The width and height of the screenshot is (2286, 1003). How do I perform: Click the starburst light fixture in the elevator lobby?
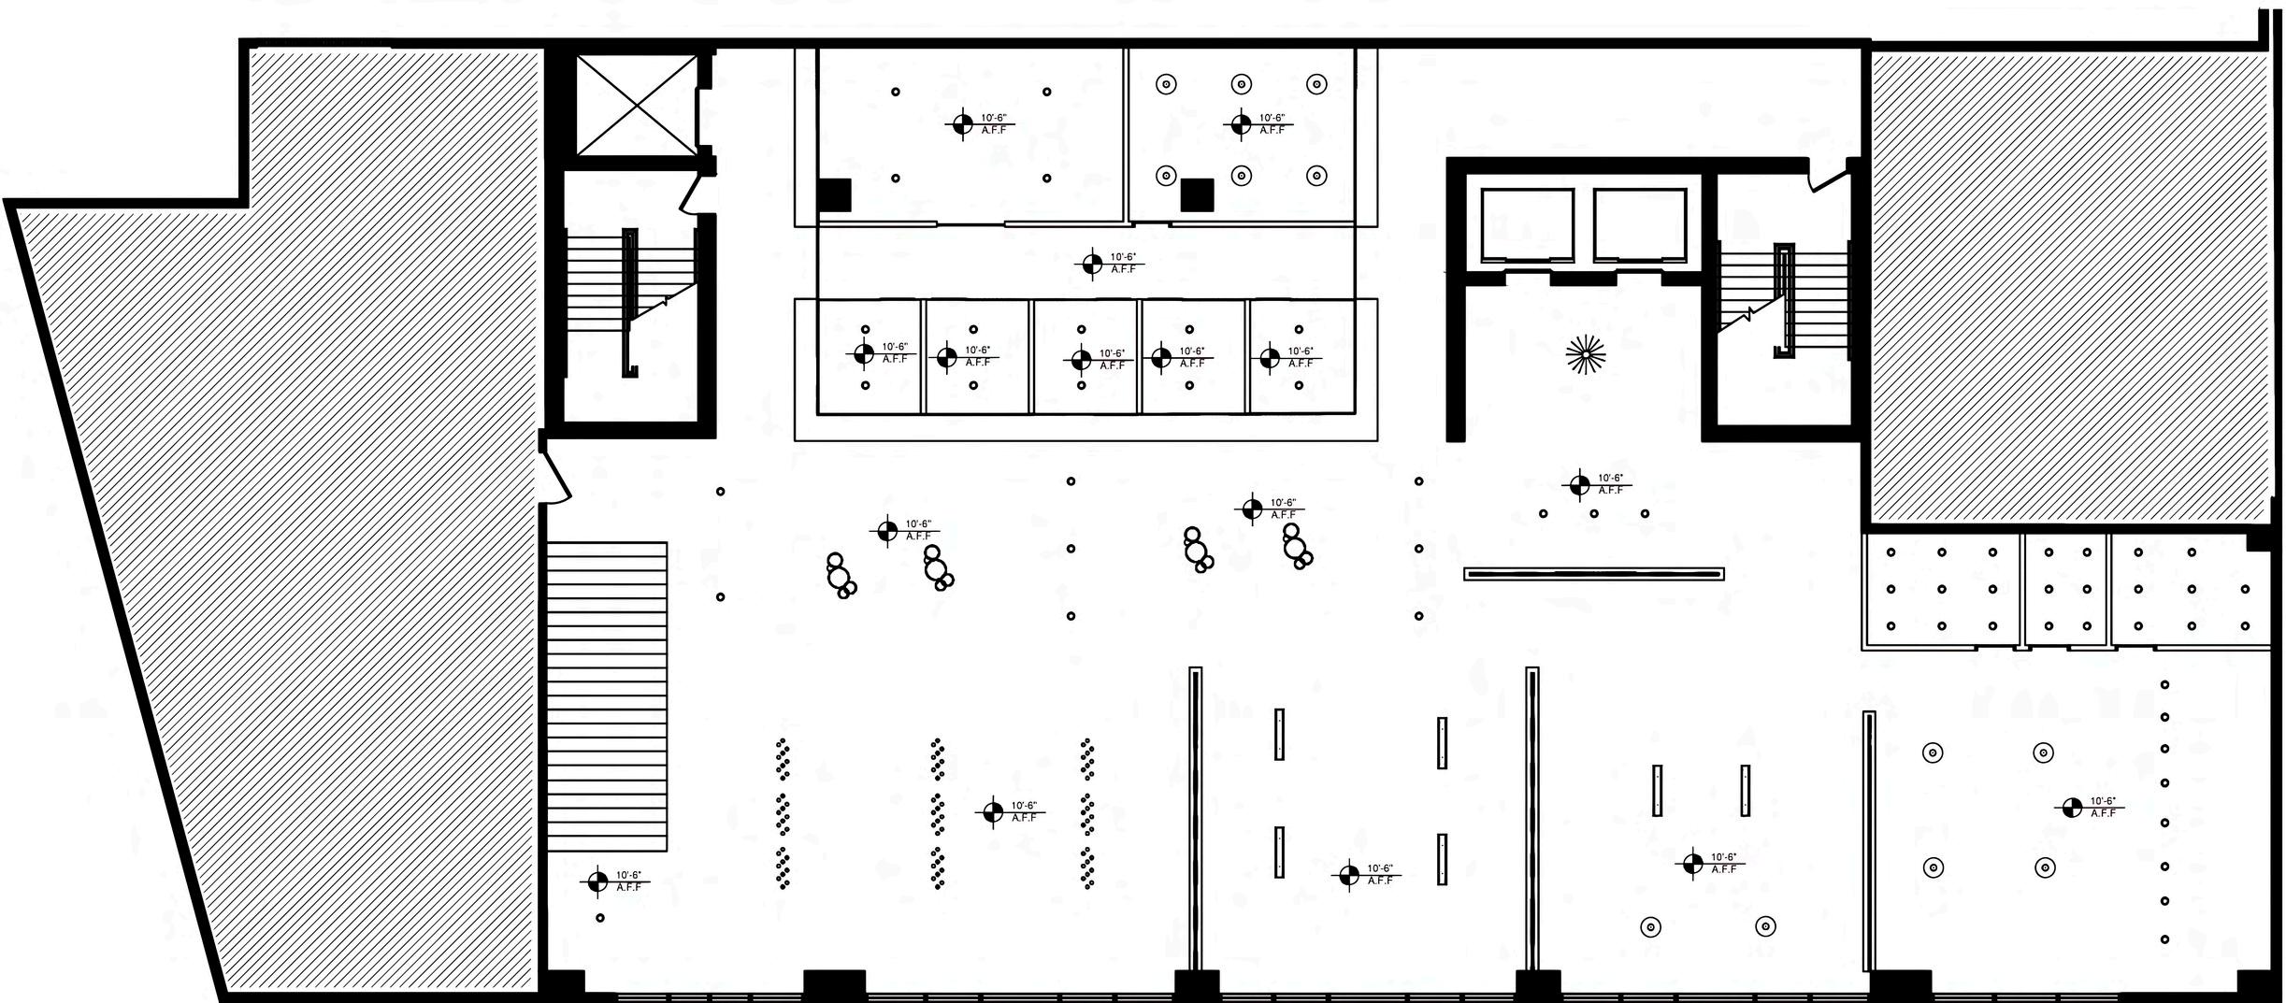tap(1586, 353)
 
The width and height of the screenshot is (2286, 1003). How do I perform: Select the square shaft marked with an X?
tap(636, 105)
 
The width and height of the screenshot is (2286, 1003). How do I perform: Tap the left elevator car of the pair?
tap(1527, 225)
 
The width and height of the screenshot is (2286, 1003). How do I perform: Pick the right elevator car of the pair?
tap(1640, 225)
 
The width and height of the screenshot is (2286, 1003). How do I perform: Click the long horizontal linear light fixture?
tap(1594, 574)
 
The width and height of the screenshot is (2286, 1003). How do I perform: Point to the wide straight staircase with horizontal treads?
tap(607, 696)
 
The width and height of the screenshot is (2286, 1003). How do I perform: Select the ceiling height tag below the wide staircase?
tap(598, 881)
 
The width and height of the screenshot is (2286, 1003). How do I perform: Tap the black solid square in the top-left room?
tap(833, 195)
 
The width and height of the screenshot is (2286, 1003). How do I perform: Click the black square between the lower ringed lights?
tap(1197, 195)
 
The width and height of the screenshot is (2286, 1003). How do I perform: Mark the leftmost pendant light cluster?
tap(841, 576)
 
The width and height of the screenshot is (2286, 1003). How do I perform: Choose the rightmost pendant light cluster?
tap(1296, 547)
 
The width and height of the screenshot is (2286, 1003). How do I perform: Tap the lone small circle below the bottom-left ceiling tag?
tap(600, 918)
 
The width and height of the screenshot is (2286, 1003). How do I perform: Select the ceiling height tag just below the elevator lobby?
tap(1579, 484)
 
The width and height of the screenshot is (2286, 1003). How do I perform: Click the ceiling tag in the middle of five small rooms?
tap(1082, 359)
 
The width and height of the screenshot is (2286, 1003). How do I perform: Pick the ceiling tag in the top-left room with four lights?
tap(963, 123)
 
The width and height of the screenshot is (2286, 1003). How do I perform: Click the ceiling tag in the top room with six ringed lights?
tap(1241, 123)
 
